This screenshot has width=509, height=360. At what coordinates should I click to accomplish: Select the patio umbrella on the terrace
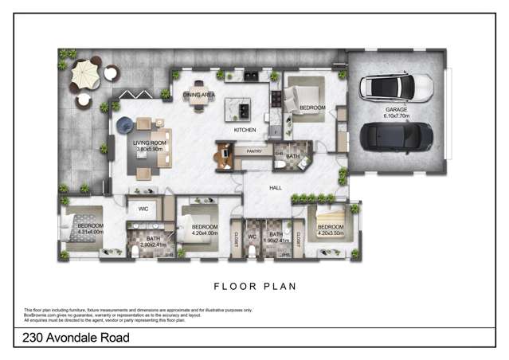pos(84,76)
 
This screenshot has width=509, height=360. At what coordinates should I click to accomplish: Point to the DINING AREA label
pos(199,95)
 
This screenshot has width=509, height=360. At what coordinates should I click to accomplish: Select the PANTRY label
pos(254,150)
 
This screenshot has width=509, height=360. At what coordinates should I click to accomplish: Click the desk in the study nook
pos(224,153)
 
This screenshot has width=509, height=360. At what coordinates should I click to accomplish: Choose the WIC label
pos(143,209)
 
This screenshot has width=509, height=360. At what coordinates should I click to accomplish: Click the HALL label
pos(276,188)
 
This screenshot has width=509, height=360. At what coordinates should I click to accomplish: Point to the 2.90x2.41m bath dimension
pos(152,245)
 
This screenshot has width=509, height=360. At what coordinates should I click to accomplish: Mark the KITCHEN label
pos(243,129)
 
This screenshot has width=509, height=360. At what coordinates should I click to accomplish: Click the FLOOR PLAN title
pos(254,284)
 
